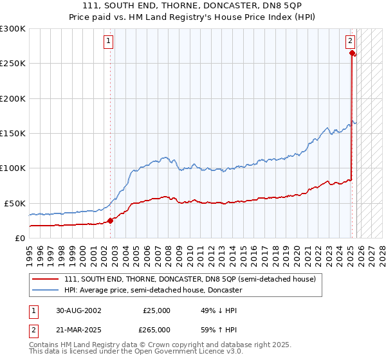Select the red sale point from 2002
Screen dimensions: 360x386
(110, 221)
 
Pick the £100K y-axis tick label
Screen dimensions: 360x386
(13, 168)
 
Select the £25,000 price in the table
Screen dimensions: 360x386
(157, 310)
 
